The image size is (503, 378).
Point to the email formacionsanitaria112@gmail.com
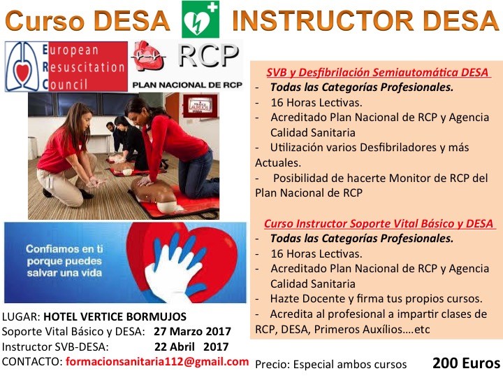(157, 361)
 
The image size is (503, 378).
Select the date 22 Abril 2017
(192, 346)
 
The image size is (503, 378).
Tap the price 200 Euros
(466, 363)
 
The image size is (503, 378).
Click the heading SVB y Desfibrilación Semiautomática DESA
(377, 73)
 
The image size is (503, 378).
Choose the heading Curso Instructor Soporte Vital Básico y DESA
(379, 223)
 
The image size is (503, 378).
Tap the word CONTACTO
(31, 361)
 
